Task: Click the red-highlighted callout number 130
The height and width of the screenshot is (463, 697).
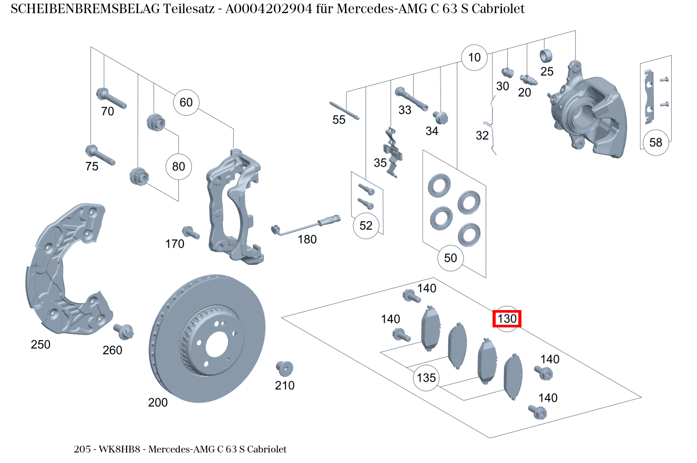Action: click(x=507, y=318)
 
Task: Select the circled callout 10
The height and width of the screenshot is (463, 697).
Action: click(x=474, y=57)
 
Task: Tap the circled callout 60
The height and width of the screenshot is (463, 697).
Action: click(x=186, y=102)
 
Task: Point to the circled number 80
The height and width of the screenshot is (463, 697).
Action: click(x=179, y=167)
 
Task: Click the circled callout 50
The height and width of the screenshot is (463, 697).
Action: click(x=450, y=258)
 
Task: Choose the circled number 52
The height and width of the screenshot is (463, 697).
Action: click(x=366, y=225)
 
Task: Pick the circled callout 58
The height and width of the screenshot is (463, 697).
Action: click(x=655, y=142)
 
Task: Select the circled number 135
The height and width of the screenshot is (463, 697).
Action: click(x=426, y=378)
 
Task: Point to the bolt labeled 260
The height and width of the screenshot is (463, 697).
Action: click(x=125, y=332)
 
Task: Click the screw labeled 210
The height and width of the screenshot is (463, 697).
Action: click(x=284, y=368)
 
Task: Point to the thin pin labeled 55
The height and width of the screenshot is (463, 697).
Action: click(x=344, y=110)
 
